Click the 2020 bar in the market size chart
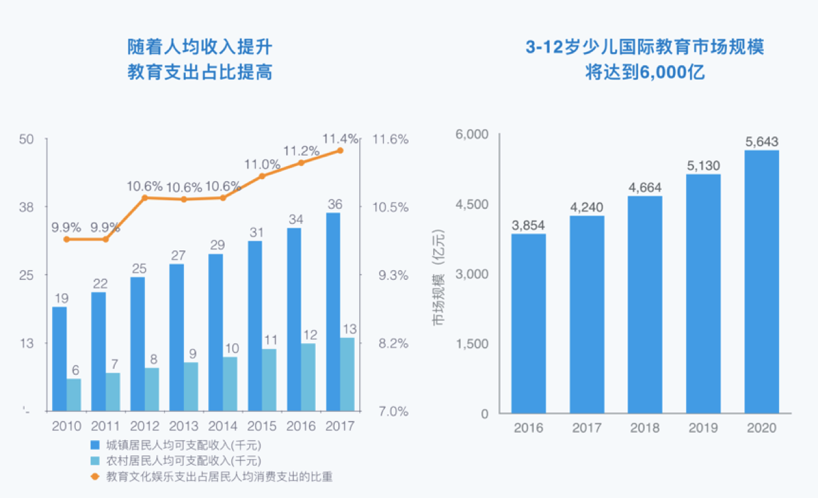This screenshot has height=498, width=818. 761,282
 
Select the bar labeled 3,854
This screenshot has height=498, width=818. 528,323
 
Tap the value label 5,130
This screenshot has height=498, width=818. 703,165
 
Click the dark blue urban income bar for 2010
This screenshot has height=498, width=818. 59,359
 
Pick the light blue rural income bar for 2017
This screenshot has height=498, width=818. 347,375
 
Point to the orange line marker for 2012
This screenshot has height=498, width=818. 144,197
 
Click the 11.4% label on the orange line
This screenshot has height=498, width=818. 340,138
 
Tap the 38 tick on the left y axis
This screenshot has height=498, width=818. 26,207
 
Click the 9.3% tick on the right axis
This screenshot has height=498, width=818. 391,275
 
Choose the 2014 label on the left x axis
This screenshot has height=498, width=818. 223,426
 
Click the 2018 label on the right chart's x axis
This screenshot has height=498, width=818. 645,428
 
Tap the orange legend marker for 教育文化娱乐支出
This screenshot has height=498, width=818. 94,476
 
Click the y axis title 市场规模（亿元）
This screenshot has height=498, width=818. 438,277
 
